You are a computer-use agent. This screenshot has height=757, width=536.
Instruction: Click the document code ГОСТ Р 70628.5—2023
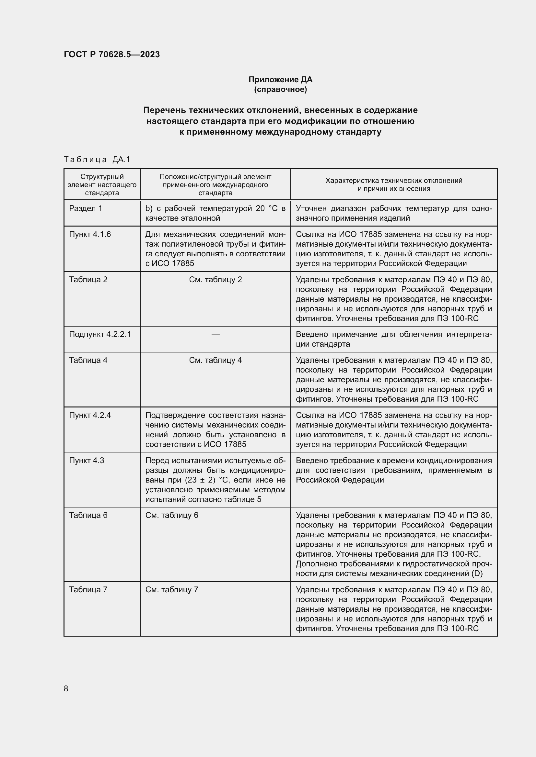(111, 54)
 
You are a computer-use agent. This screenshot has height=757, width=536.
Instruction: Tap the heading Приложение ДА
(280, 80)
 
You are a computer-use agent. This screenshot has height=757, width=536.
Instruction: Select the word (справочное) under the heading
(280, 89)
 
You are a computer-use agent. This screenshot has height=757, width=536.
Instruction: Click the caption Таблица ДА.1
(97, 160)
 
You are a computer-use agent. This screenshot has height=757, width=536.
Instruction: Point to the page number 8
(66, 688)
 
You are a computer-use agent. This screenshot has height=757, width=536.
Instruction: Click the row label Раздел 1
(86, 208)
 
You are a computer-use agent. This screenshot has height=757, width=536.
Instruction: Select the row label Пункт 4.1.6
(90, 234)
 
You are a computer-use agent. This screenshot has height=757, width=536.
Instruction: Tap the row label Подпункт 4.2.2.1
(100, 334)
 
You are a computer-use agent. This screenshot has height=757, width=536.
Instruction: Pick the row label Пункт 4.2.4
(90, 415)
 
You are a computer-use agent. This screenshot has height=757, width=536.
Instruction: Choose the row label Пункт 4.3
(87, 461)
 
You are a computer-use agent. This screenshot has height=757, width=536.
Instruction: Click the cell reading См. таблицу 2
(215, 280)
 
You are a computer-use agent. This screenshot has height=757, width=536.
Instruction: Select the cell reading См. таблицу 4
(215, 360)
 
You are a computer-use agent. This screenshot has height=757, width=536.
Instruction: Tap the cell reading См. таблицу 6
(172, 515)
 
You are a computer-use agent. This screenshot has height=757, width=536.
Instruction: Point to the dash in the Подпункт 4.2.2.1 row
(215, 335)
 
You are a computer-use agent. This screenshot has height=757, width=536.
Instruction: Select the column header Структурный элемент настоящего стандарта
(102, 184)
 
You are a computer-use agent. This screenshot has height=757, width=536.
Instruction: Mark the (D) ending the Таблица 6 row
(477, 573)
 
